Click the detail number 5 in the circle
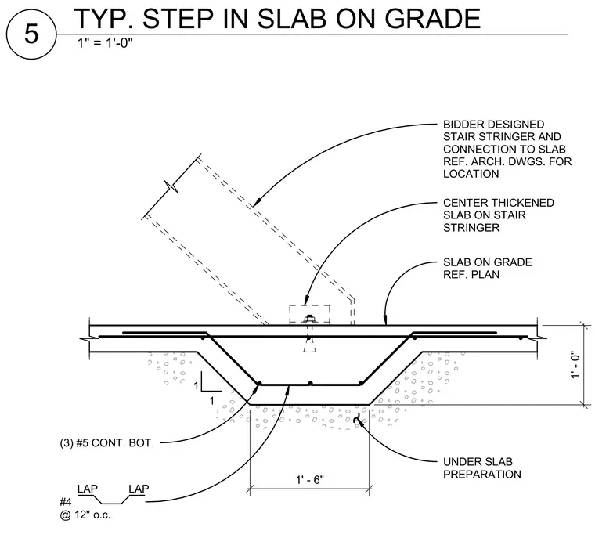tap(31, 34)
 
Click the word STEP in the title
tap(178, 19)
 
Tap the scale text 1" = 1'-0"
tap(105, 42)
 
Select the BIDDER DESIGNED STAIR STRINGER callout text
tap(507, 150)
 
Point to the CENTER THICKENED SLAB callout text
tap(498, 215)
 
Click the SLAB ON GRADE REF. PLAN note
tap(487, 269)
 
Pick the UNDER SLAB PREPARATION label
tap(482, 468)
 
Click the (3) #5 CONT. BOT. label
tap(107, 443)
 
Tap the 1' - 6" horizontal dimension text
tap(310, 480)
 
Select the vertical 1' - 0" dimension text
tap(575, 364)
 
